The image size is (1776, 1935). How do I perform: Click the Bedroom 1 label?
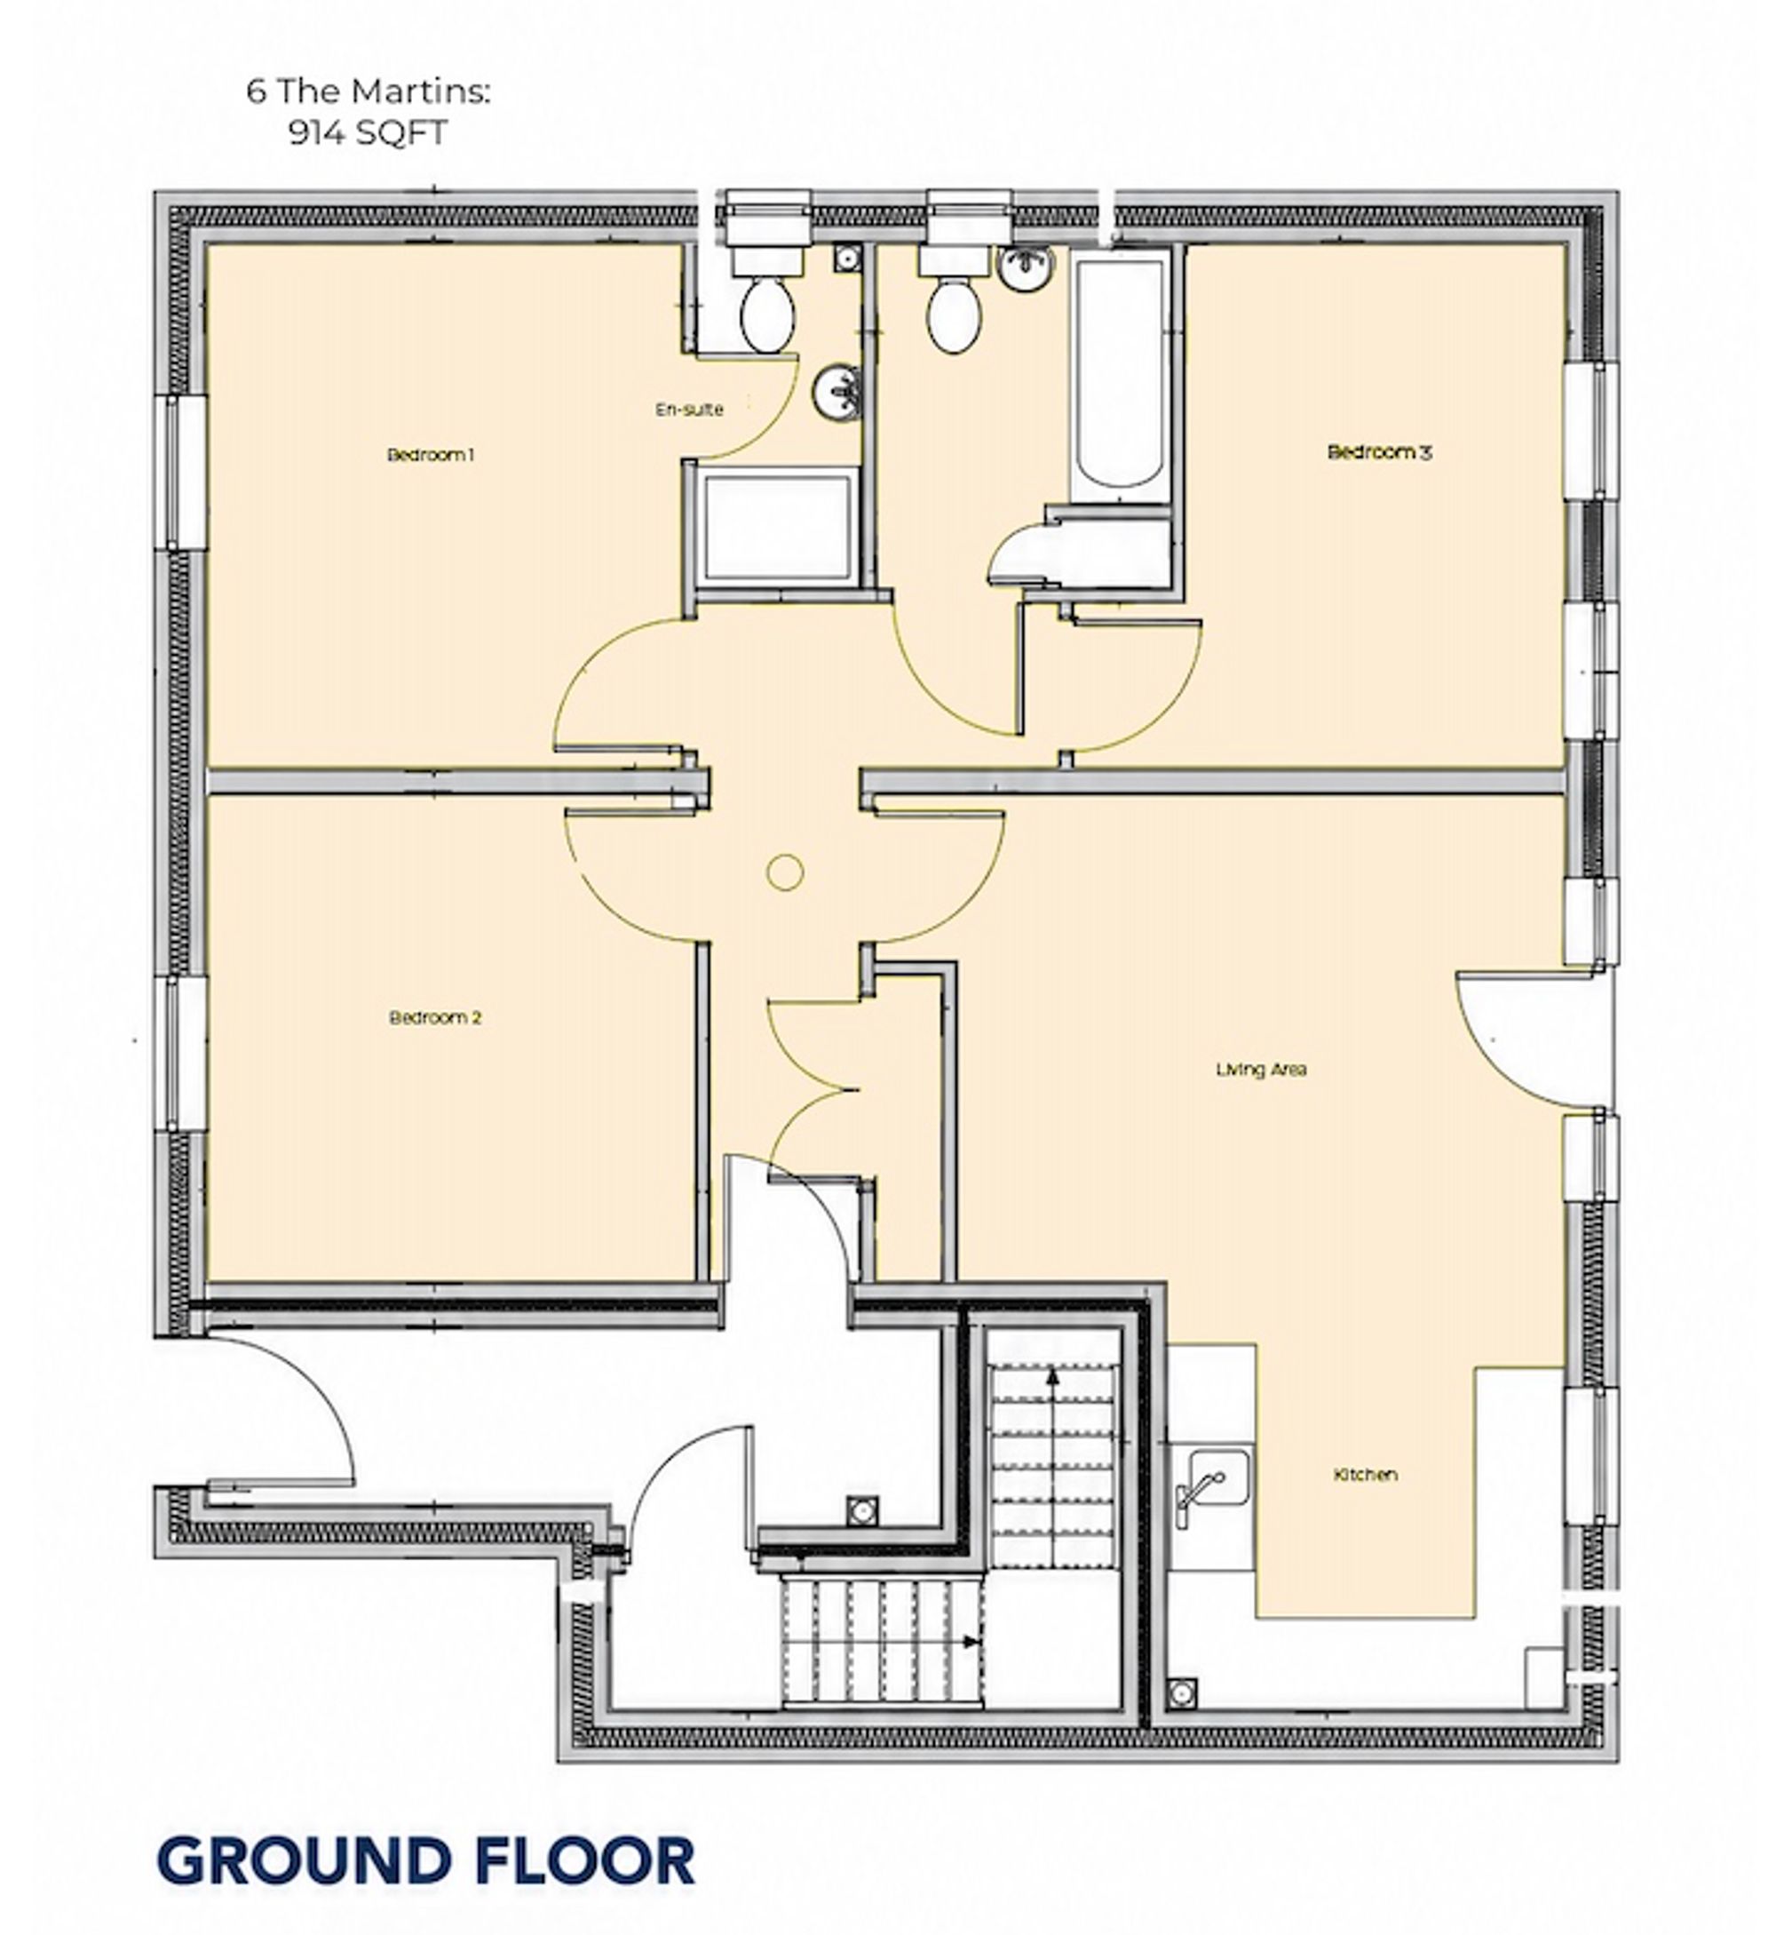coord(431,455)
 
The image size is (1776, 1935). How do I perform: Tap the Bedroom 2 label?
coord(435,1017)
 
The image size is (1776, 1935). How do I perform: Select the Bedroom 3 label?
coord(1379,452)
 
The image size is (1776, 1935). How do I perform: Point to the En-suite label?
coord(689,410)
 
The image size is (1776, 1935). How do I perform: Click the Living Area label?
coord(1261,1069)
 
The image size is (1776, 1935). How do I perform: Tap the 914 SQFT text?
coord(369,132)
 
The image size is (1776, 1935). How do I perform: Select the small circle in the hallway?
coord(785,872)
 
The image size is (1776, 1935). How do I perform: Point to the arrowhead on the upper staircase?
coord(1053,1375)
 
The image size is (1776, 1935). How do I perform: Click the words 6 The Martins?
coord(369,92)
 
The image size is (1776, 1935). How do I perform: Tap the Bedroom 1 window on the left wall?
coord(179,473)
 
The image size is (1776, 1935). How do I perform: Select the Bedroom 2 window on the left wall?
coord(179,1055)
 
